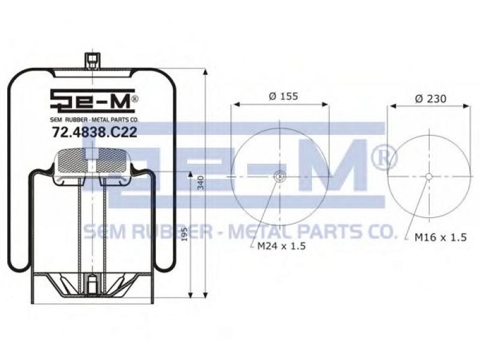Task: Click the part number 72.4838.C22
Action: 94,133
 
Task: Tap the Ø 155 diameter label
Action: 283,96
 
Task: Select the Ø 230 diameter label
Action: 431,98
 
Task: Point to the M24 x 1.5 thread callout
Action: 281,246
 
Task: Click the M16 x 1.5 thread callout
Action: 440,237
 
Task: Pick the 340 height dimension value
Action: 200,183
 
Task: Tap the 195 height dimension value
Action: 184,234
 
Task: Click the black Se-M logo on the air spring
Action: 92,100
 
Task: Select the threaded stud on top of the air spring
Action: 92,62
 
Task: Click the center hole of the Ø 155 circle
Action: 280,176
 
